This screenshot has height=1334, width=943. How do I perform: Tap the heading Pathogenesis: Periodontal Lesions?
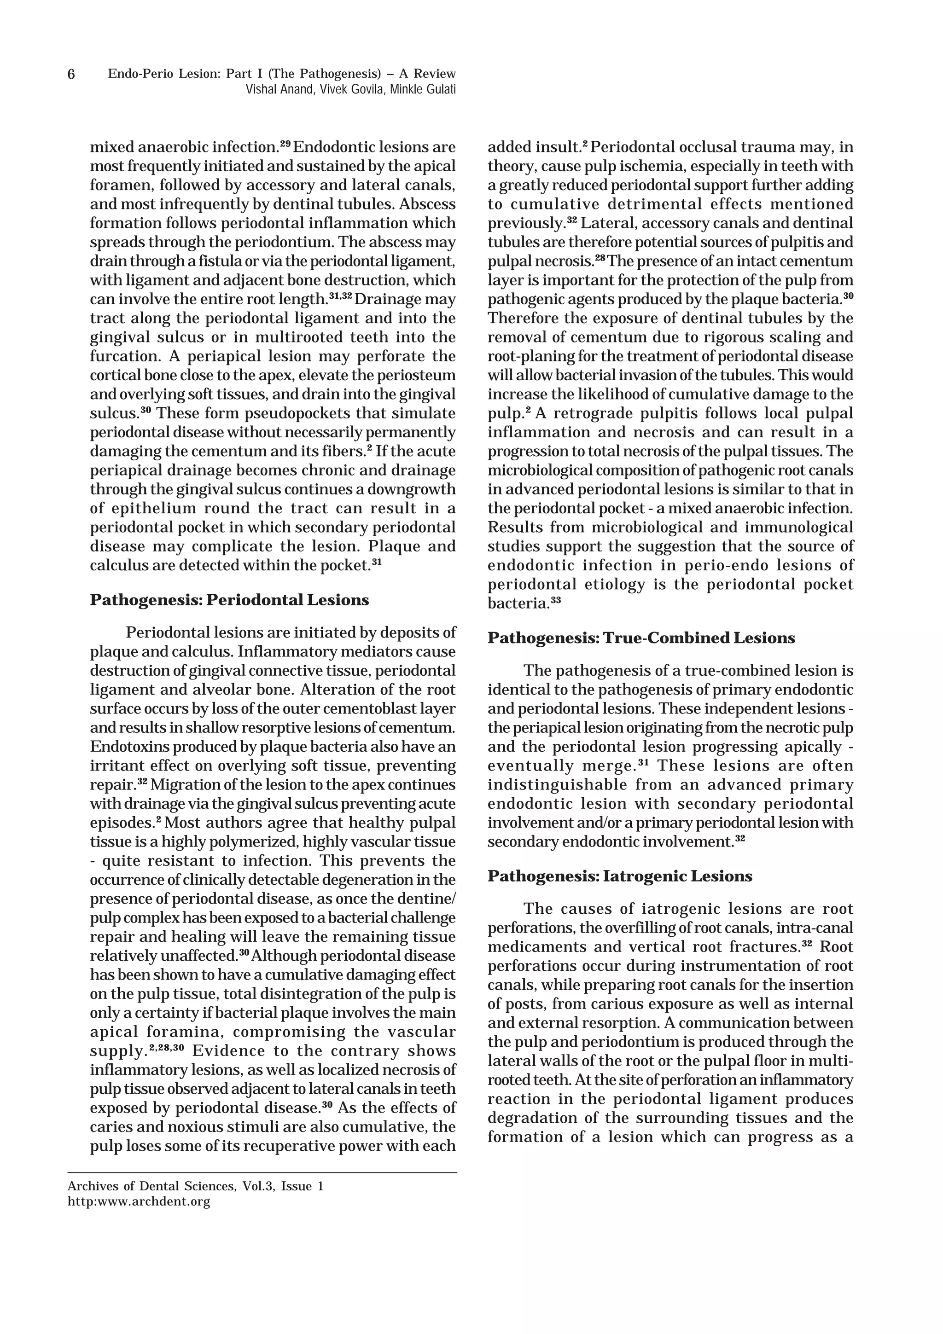(x=229, y=600)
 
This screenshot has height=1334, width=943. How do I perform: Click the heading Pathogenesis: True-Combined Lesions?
(x=641, y=638)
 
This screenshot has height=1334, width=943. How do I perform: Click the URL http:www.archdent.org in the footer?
(x=139, y=1201)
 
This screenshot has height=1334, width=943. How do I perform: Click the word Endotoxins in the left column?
(x=124, y=747)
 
